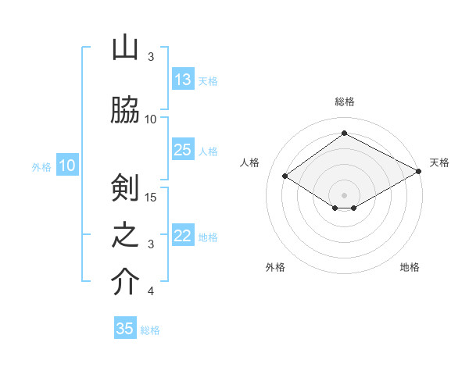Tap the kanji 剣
coord(125,187)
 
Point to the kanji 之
coord(125,235)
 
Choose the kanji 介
coord(125,283)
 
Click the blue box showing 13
coord(183,80)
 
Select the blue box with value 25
coord(183,150)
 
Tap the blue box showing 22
coord(183,237)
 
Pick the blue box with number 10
coord(67,166)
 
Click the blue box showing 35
coord(125,329)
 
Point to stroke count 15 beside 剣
coord(152,197)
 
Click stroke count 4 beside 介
coord(151,291)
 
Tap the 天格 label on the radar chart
coord(439,162)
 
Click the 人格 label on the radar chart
coord(250,162)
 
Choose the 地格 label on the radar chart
coord(410,267)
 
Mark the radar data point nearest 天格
coord(420,173)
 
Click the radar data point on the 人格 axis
coord(285,176)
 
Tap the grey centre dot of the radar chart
coord(344,194)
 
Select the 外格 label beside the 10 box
coord(41,166)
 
